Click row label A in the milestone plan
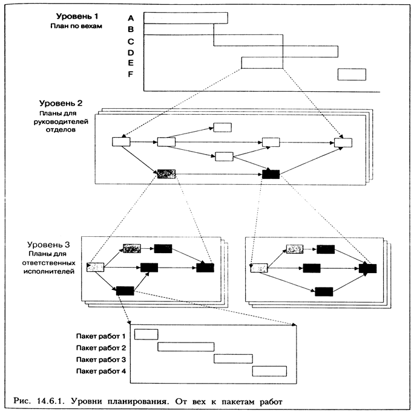[x=131, y=18]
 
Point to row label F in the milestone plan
[x=131, y=74]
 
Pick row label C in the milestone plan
[x=131, y=41]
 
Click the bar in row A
[x=186, y=18]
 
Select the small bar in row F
[x=352, y=74]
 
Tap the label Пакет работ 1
[x=100, y=335]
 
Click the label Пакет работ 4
[x=100, y=371]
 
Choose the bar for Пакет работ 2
[x=186, y=347]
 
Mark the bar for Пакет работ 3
[x=233, y=358]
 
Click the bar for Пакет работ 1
[x=146, y=335]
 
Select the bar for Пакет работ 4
[x=269, y=371]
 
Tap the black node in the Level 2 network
[x=271, y=175]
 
